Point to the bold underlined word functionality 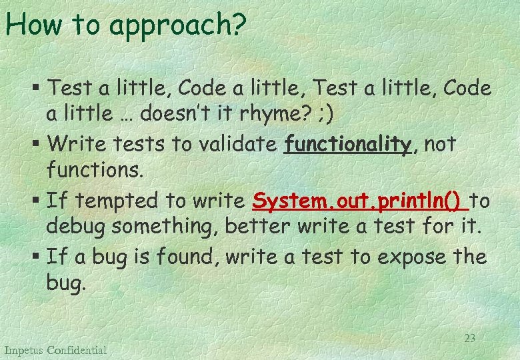(x=347, y=143)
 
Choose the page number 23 (x=469, y=338)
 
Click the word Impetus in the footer (x=24, y=350)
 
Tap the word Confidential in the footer (x=77, y=350)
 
